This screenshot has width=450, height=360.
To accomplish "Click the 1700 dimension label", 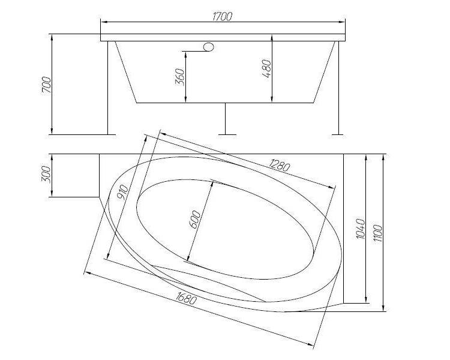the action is pyautogui.click(x=222, y=16).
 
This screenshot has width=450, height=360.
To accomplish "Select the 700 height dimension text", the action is pyautogui.click(x=46, y=85).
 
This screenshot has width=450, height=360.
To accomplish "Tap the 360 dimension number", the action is pyautogui.click(x=179, y=77).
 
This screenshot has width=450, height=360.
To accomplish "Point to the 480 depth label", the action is pyautogui.click(x=266, y=68).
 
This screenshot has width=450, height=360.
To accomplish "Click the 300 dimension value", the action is pyautogui.click(x=46, y=174).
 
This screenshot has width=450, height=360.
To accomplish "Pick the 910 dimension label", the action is pyautogui.click(x=122, y=192).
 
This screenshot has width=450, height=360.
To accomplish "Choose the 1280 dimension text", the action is pyautogui.click(x=279, y=165).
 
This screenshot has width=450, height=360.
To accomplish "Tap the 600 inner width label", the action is pyautogui.click(x=195, y=220).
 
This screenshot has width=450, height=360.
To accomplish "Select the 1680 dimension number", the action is pyautogui.click(x=186, y=298).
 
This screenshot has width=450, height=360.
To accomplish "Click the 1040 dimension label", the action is pyautogui.click(x=360, y=229).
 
